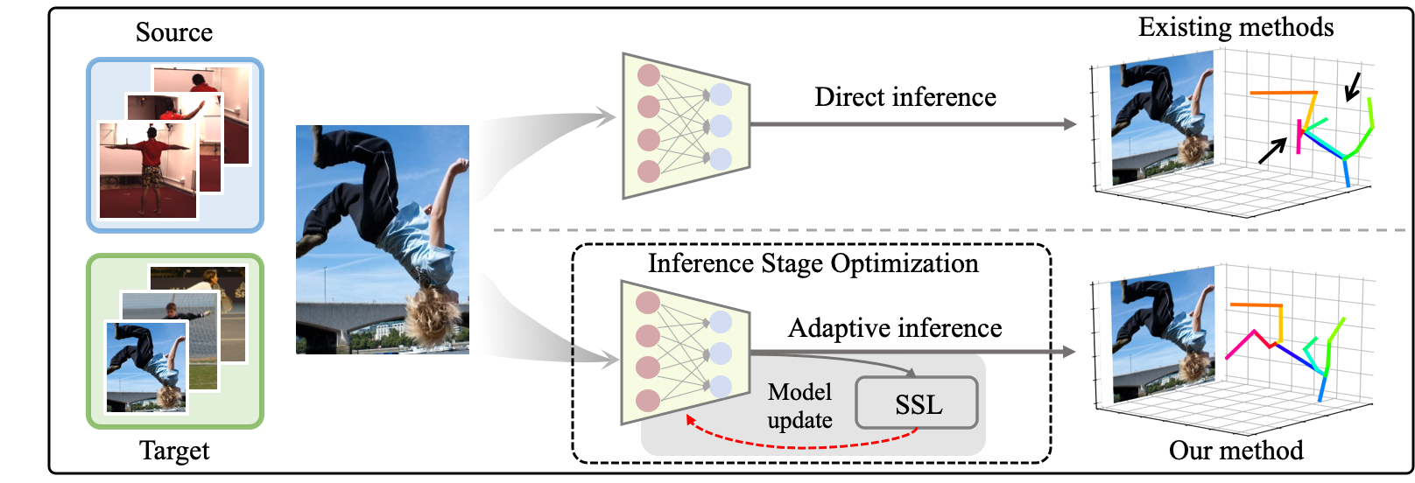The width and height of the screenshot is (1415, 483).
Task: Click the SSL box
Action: (916, 403)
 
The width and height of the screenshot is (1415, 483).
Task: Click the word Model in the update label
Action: (799, 391)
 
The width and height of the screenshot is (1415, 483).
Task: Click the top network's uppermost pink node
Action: (648, 75)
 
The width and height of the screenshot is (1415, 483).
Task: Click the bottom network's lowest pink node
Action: (648, 401)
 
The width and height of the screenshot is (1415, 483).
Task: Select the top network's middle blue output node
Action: (721, 126)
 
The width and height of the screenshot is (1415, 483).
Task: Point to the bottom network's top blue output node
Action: (721, 322)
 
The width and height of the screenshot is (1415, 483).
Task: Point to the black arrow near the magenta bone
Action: (1272, 150)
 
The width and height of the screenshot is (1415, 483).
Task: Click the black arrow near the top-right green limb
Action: (1353, 86)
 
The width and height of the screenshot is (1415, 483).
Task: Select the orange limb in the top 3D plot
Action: (1283, 92)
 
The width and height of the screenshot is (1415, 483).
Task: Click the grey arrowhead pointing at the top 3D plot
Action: (1070, 124)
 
